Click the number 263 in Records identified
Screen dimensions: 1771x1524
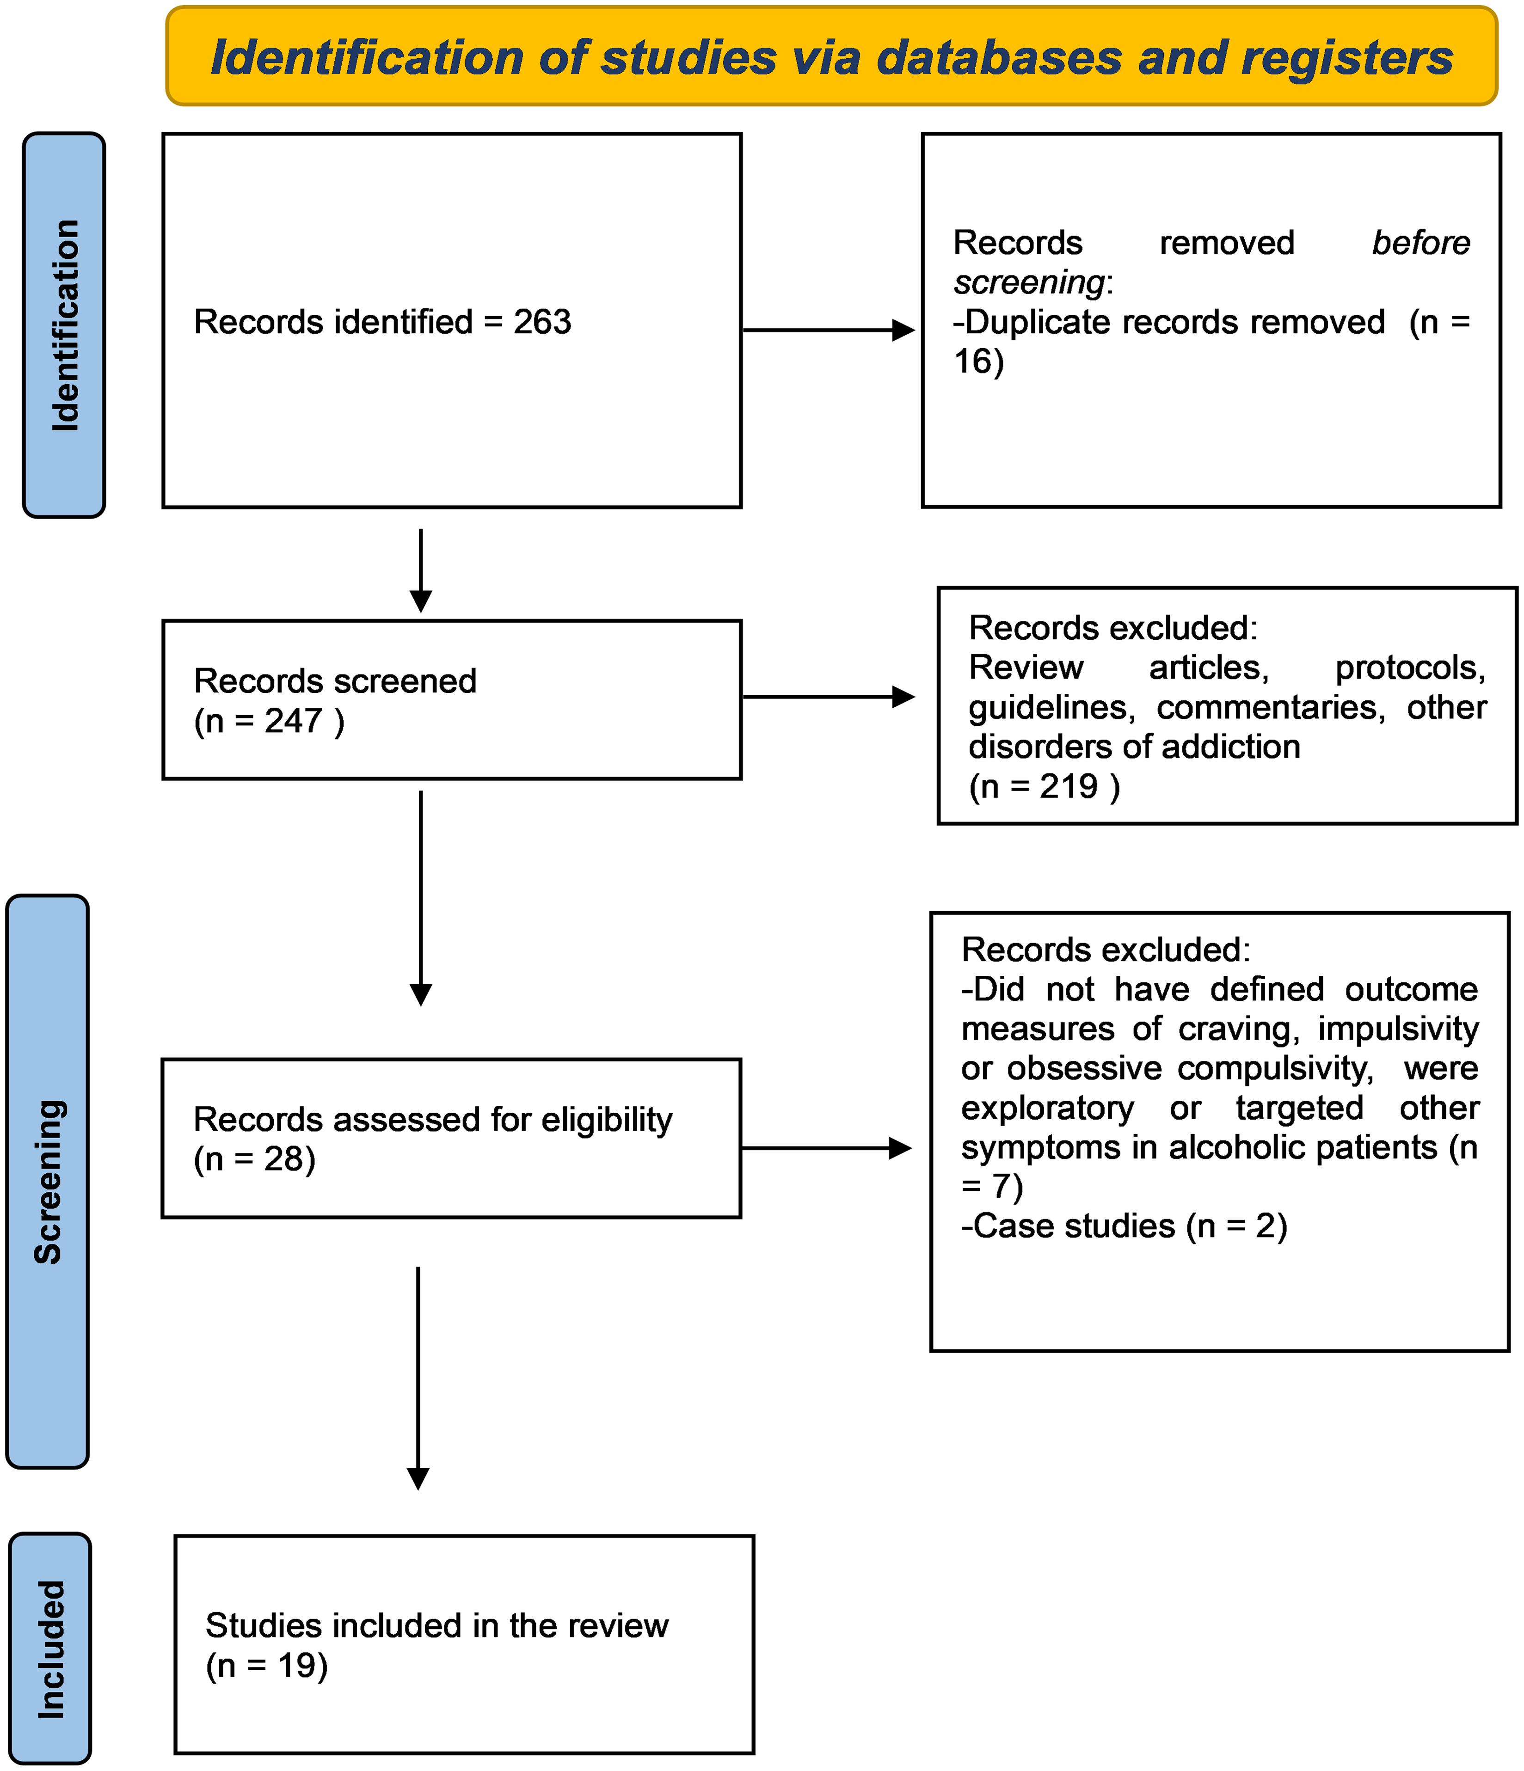(x=542, y=322)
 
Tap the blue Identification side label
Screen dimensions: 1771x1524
(x=64, y=325)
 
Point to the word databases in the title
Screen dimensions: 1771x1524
(x=998, y=58)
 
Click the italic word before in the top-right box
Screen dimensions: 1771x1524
(x=1420, y=244)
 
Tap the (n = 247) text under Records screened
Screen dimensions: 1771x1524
(x=269, y=722)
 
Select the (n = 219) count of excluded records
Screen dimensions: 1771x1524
(x=1044, y=786)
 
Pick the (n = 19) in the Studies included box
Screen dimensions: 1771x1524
(x=267, y=1665)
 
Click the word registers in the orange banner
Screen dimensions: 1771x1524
(x=1346, y=58)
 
